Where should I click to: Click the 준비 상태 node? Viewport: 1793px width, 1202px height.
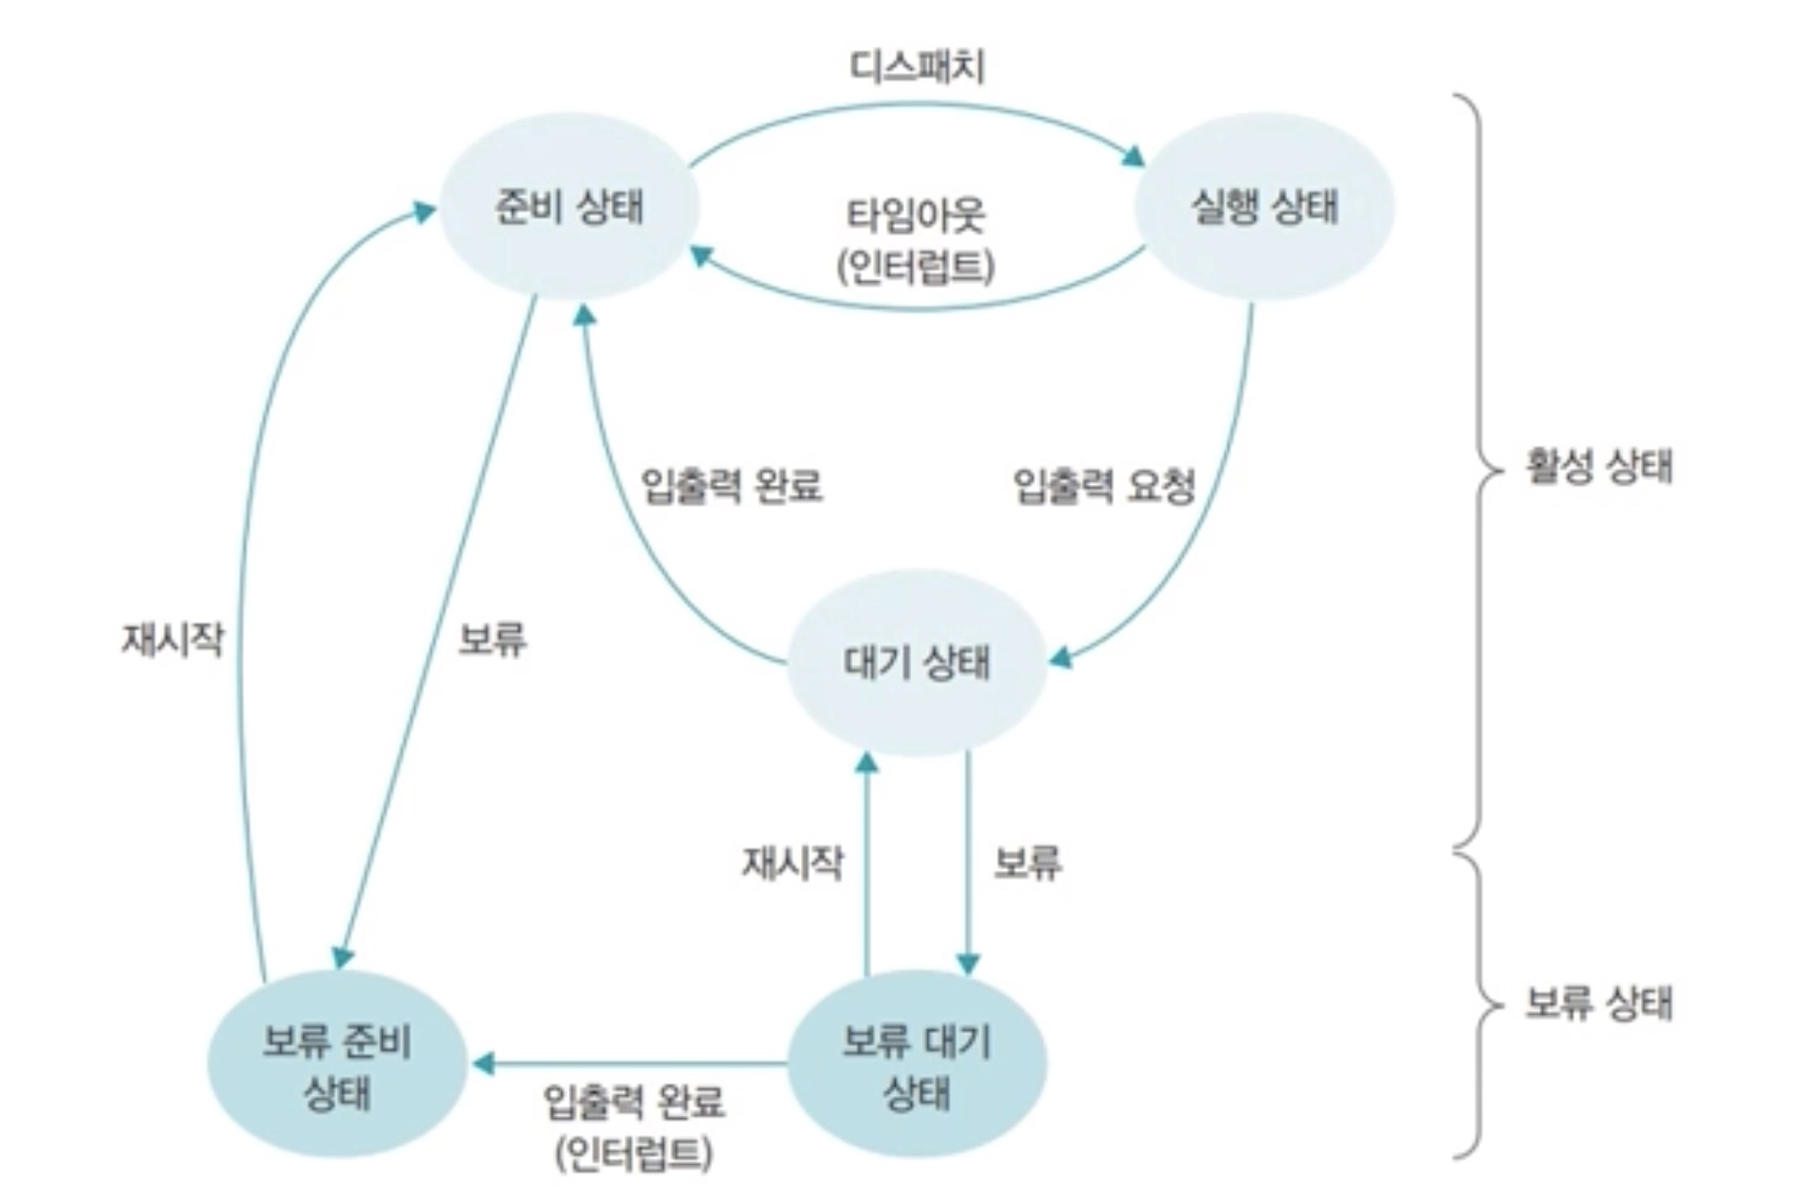568,207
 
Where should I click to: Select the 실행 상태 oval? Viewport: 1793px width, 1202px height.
1264,207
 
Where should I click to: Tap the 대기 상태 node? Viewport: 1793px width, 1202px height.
917,663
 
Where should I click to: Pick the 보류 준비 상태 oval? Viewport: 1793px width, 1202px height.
337,1065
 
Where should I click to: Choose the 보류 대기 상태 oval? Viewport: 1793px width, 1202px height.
917,1065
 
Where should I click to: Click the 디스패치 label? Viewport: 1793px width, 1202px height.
917,67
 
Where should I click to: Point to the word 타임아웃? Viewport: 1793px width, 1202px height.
916,215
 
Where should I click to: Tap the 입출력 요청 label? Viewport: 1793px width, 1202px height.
1104,485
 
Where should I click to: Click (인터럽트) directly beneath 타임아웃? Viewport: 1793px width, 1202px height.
916,266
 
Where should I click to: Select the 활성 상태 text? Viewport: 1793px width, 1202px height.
1599,466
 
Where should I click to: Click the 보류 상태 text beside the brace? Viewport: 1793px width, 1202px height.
1599,1002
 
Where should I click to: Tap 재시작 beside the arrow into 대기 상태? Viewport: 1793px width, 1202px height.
792,863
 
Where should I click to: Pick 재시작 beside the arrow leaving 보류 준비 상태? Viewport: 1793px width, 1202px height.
172,639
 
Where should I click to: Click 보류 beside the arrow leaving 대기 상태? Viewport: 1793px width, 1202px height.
1028,863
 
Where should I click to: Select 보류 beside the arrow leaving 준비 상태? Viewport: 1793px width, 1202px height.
493,639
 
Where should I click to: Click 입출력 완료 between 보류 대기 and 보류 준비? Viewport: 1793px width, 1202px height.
634,1101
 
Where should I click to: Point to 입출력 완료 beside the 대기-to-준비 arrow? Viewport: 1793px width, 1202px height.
732,485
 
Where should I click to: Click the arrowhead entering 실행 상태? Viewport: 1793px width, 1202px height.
1135,157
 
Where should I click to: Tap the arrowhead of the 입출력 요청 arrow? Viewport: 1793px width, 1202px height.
1060,658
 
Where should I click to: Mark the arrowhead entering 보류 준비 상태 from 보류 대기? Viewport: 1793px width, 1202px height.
482,1065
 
